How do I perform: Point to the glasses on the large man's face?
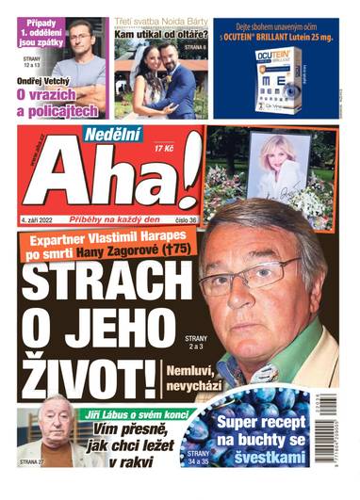click(x=254, y=272)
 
